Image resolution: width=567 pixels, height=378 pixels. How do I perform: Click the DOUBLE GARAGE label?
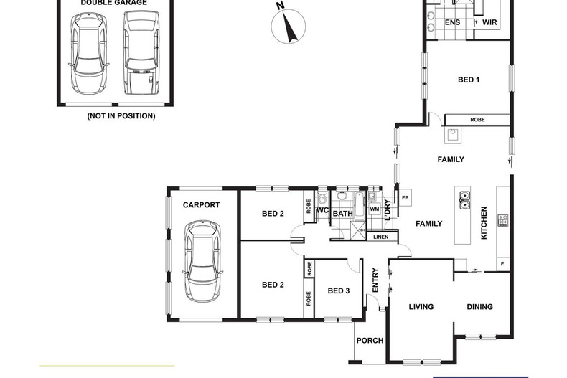tap(113, 3)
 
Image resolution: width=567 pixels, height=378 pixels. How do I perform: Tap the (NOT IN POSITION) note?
tap(121, 115)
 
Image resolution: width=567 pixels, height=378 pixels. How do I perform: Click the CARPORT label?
tap(201, 205)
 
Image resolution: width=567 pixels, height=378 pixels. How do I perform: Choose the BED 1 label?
tap(469, 80)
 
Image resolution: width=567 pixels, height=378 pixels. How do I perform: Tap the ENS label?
tap(453, 23)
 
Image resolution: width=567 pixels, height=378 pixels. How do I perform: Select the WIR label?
tap(490, 23)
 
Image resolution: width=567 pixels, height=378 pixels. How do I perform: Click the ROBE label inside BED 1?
tap(477, 120)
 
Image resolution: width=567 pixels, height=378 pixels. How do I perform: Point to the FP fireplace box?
tap(405, 198)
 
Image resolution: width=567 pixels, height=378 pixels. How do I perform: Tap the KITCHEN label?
tap(485, 223)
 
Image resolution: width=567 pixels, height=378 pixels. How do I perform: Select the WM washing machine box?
tap(375, 209)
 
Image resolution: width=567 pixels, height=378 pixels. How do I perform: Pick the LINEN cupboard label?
tap(381, 237)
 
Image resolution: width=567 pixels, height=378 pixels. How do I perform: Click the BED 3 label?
tap(339, 290)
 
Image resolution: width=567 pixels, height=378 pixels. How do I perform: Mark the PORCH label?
tap(370, 341)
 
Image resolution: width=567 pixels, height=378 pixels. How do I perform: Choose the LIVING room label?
tap(421, 307)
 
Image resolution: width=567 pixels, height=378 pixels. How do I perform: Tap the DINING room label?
tap(480, 307)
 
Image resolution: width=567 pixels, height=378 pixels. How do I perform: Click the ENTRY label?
tap(375, 280)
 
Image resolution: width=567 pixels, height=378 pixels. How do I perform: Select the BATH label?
tap(342, 213)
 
